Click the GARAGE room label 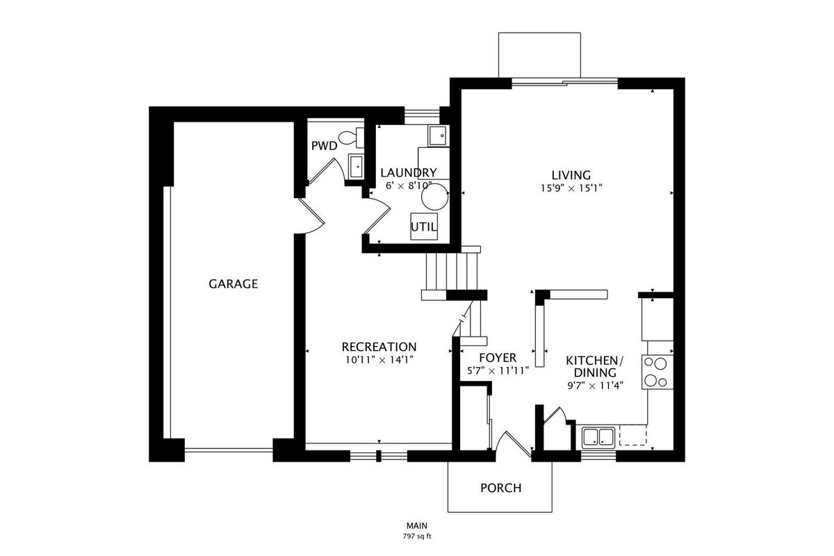[x=233, y=284]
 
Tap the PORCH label [x=501, y=488]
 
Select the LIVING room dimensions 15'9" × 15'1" [x=571, y=188]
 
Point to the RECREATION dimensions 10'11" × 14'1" [x=379, y=360]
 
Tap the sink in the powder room [x=357, y=167]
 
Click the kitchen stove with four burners [x=657, y=372]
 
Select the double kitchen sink [x=598, y=437]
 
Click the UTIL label [x=424, y=227]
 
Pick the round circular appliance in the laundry [x=434, y=197]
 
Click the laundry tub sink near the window [x=439, y=136]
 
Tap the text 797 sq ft [x=417, y=537]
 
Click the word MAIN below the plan [x=417, y=526]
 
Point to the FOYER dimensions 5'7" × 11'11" [x=498, y=371]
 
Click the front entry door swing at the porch [x=513, y=445]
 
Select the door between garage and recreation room [x=311, y=216]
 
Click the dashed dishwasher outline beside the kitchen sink [x=633, y=435]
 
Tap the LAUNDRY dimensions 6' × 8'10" [x=409, y=186]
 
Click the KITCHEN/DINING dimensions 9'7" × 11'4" [x=596, y=386]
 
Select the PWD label [x=325, y=146]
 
